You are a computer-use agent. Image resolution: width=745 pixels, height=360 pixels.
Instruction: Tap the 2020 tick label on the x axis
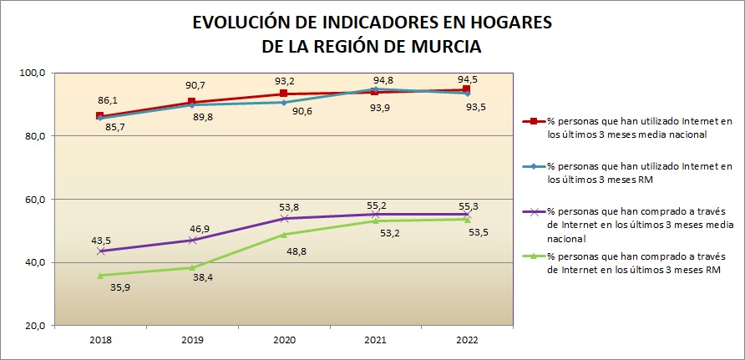283,340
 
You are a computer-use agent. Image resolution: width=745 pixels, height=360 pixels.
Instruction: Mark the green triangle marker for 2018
100,275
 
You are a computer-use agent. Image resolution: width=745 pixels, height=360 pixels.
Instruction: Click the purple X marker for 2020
284,219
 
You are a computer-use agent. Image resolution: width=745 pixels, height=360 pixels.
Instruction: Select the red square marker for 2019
192,102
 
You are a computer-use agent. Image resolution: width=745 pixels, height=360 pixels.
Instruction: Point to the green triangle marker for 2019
192,267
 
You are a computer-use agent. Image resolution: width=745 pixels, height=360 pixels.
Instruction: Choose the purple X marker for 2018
100,251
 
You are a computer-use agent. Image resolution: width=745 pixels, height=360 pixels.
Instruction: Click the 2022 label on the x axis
467,340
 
